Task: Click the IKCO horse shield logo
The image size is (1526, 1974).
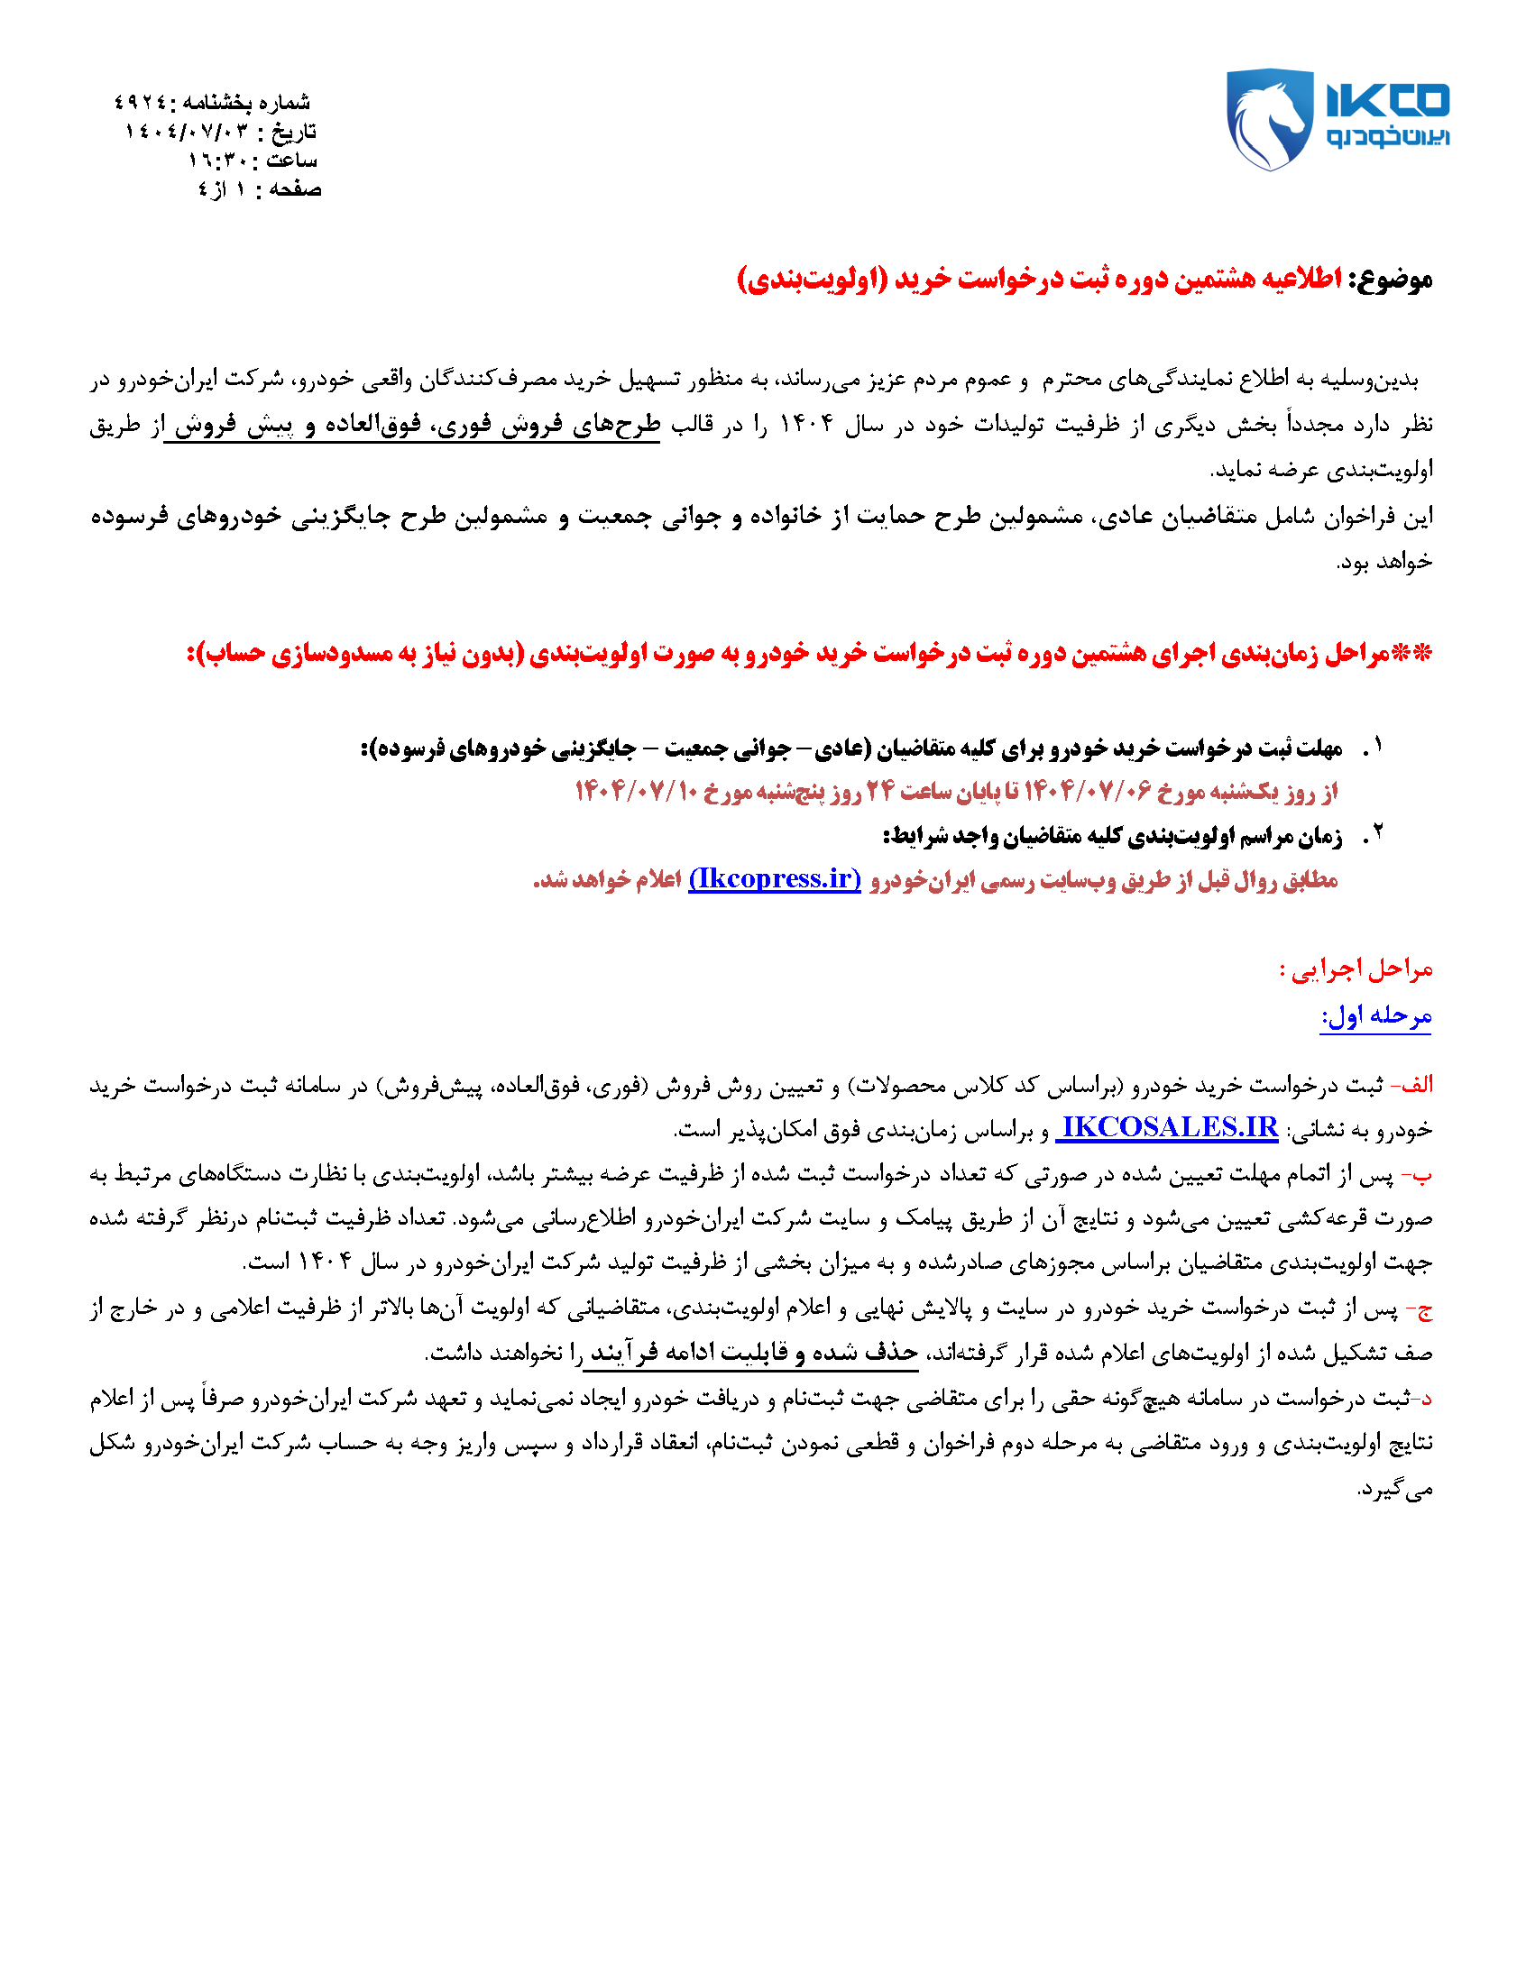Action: [x=1268, y=118]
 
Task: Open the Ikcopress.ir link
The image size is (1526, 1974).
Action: [x=775, y=878]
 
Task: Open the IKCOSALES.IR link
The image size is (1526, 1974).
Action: [x=1169, y=1127]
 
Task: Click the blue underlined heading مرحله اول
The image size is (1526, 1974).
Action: [x=1375, y=1016]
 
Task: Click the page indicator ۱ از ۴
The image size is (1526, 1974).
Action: [x=223, y=189]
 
